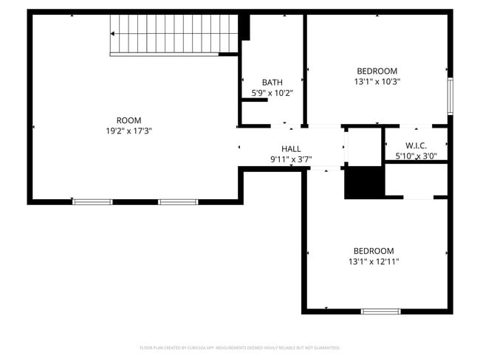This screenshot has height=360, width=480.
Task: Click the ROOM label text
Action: point(128,120)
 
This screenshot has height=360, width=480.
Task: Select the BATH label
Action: point(272,83)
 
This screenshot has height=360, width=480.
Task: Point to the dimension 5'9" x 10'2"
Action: point(272,93)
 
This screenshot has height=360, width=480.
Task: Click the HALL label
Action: point(291,149)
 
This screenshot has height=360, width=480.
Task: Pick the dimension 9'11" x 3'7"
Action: point(291,159)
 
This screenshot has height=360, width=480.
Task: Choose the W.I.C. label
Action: point(416,145)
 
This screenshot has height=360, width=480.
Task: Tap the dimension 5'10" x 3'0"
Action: point(416,156)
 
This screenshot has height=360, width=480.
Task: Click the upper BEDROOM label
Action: point(377,72)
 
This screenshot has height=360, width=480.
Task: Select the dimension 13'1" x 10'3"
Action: point(377,82)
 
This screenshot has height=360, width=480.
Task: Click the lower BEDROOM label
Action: point(373,251)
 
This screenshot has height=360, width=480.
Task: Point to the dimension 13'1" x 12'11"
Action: point(374,261)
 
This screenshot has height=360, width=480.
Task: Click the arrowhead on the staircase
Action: point(113,34)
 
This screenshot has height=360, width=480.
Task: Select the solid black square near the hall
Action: point(363,182)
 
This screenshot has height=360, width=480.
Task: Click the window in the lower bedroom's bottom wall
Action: point(380,311)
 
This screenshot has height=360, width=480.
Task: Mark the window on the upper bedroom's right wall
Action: point(450,96)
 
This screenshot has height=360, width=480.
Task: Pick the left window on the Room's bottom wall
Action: point(92,201)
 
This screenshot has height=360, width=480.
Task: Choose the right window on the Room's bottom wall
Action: point(178,201)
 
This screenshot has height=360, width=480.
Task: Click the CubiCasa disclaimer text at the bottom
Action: point(240,347)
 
